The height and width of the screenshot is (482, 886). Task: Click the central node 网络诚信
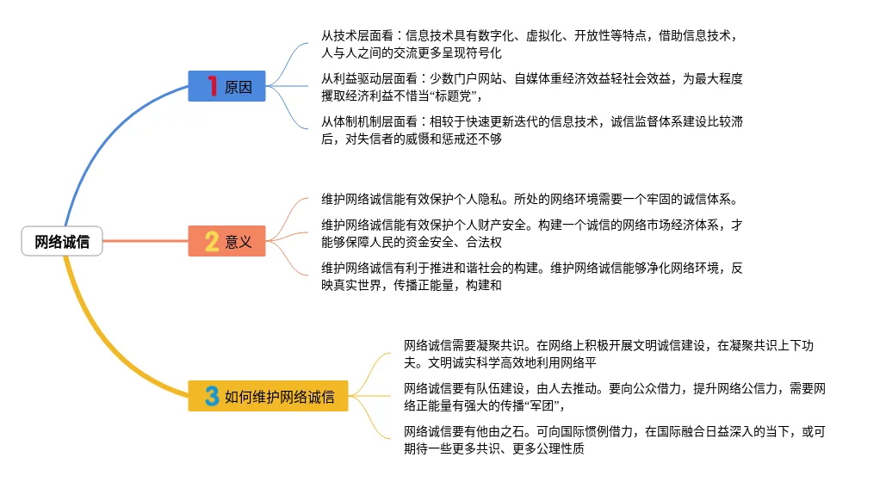(62, 242)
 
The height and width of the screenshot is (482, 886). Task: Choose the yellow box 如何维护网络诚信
(268, 396)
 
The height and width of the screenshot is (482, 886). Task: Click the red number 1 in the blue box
(212, 86)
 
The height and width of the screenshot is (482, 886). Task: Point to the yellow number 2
(211, 241)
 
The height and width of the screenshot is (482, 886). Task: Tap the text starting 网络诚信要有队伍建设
(614, 397)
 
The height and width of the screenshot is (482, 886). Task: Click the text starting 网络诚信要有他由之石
(614, 440)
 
